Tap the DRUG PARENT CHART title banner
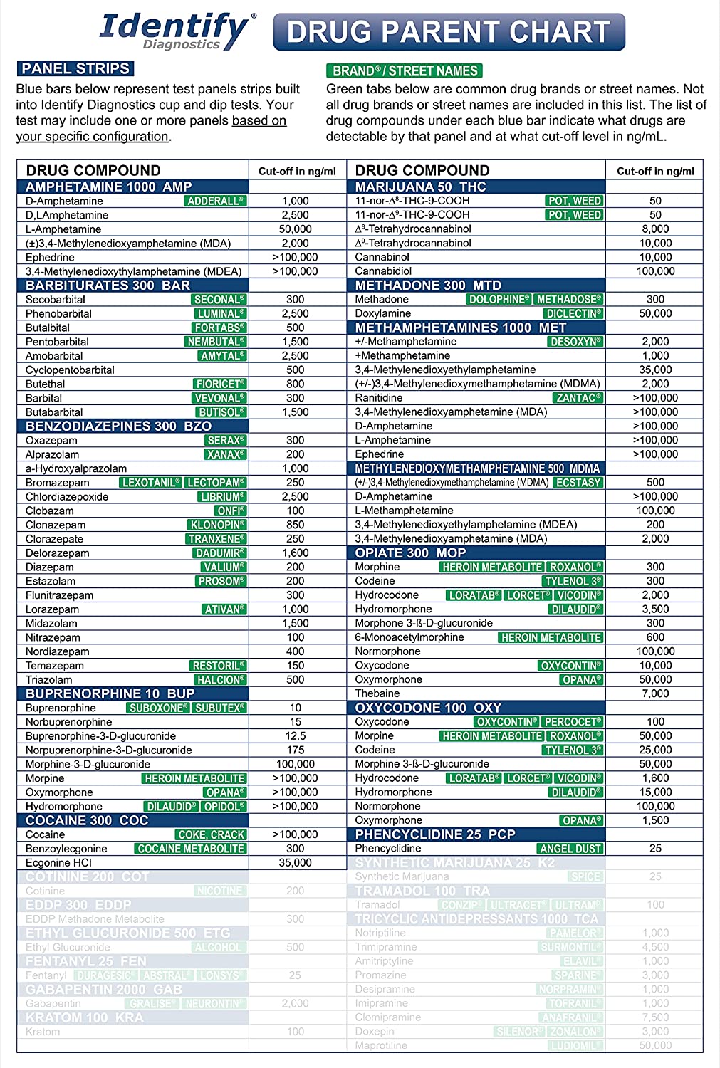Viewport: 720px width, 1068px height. pos(449,32)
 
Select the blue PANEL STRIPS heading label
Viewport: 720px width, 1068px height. pos(75,69)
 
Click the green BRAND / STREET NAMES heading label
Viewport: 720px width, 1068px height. pos(405,71)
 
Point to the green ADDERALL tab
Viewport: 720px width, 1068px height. pos(215,201)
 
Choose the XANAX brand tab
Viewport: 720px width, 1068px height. pos(225,455)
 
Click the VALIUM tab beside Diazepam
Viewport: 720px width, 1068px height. pos(224,567)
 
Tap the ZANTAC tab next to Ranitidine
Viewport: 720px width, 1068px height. pos(578,398)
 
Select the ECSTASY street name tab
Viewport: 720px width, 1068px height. pos(579,483)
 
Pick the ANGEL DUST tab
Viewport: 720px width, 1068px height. pos(570,849)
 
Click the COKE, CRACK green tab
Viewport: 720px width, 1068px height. pos(211,835)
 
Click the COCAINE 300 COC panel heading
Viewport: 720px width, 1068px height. pos(87,820)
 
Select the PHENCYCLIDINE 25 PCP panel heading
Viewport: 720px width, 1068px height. pos(434,834)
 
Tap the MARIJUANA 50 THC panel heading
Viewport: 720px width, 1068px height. pos(420,187)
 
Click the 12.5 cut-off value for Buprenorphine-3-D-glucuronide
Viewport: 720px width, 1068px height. pos(296,736)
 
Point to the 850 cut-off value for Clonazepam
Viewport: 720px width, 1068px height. pos(296,525)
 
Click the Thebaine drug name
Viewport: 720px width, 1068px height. pos(377,693)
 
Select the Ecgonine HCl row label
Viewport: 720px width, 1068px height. pos(58,863)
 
